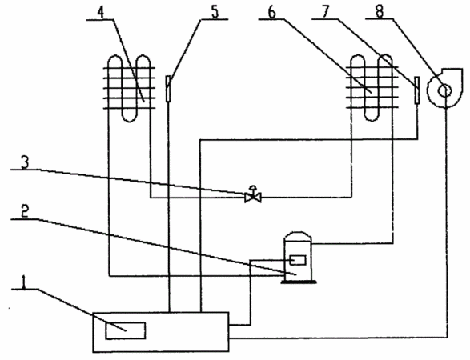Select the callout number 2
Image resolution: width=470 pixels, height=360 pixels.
pos(25,212)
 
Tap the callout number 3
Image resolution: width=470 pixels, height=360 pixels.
pos(25,162)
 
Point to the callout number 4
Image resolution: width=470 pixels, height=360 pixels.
pos(102,12)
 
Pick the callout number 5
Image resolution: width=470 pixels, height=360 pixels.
pos(215,12)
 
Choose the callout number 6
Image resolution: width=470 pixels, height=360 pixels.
pos(271,13)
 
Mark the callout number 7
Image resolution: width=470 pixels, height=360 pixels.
pos(326,12)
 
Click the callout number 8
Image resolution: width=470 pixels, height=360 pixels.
pos(380,12)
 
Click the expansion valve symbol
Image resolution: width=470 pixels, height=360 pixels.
pos(253,198)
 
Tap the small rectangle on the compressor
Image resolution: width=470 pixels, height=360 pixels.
pos(298,260)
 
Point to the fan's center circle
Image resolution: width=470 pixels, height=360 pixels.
pos(444,90)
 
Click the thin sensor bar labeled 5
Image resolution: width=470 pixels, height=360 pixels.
pos(168,89)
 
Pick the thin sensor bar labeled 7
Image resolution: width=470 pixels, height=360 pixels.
pos(416,90)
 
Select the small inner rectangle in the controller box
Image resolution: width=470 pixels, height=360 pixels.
pos(126,330)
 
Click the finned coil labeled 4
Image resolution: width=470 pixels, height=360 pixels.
pos(129,88)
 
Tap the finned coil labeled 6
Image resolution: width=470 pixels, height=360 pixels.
pos(372,87)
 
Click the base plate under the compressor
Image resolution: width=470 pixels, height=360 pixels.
pos(298,282)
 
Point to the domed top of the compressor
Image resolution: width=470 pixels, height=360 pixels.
pos(298,236)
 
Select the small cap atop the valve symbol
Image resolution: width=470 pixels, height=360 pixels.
pos(253,187)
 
